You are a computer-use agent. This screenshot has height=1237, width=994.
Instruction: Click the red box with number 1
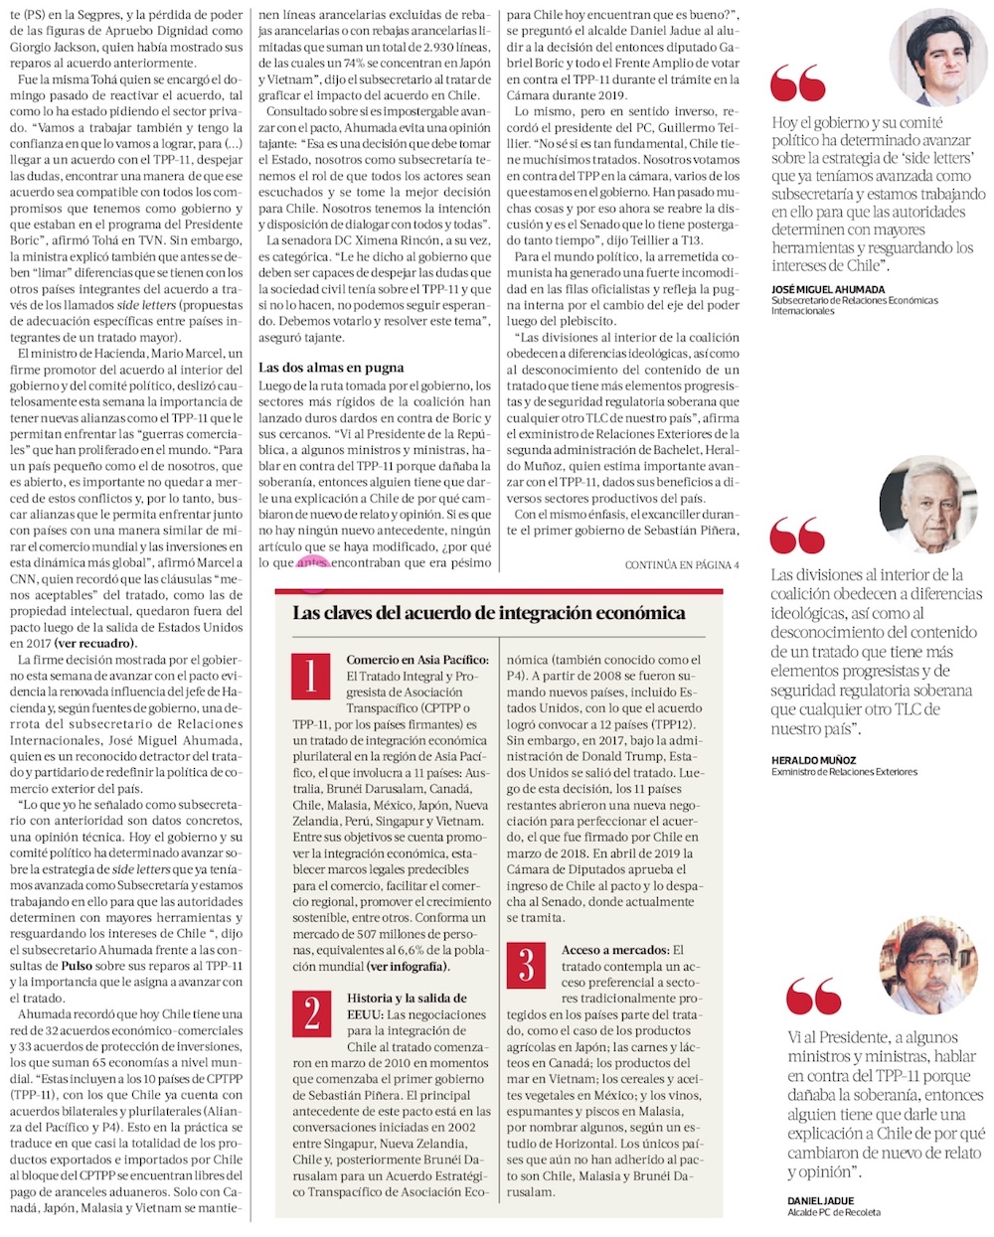click(311, 677)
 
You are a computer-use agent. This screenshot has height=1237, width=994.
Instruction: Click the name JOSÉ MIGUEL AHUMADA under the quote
click(828, 289)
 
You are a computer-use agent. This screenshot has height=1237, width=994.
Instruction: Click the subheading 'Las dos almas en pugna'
click(331, 368)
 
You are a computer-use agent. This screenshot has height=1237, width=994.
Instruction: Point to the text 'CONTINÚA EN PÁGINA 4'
click(682, 565)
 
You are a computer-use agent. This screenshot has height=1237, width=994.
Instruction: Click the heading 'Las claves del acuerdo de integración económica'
click(489, 612)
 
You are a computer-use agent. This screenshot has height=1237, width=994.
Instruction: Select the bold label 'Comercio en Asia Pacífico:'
click(417, 660)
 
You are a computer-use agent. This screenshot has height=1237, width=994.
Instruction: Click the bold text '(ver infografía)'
click(408, 966)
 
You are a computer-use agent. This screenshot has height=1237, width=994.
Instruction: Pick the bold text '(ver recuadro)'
click(94, 643)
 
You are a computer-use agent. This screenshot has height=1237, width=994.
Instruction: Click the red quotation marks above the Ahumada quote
click(797, 84)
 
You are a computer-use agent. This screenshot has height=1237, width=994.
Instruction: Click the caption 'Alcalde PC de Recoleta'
click(833, 1212)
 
